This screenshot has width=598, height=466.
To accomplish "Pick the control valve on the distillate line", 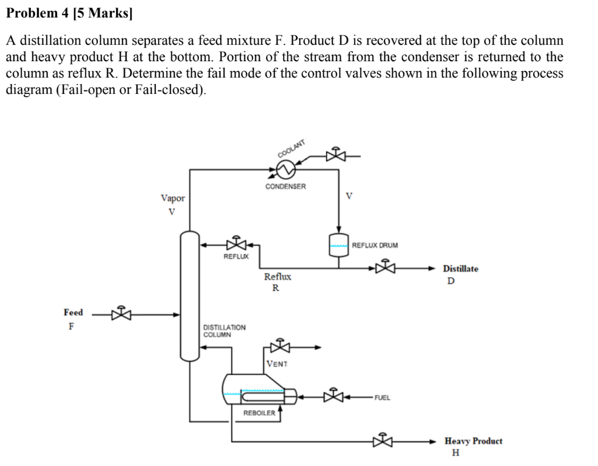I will (384, 268).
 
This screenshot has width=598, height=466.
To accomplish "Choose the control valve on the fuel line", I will (334, 397).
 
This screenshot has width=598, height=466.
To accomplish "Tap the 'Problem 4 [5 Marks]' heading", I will (69, 14).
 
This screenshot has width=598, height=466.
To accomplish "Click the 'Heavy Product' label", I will (473, 441).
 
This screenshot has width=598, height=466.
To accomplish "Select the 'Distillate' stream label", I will (460, 269).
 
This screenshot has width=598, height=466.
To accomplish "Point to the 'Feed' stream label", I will (74, 313).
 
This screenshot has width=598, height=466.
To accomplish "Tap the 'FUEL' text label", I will (382, 398).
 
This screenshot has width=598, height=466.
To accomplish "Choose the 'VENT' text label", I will (277, 364).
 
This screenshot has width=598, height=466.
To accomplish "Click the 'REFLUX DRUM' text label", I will (375, 245).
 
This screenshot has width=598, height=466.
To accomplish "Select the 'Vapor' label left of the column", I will (173, 198).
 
